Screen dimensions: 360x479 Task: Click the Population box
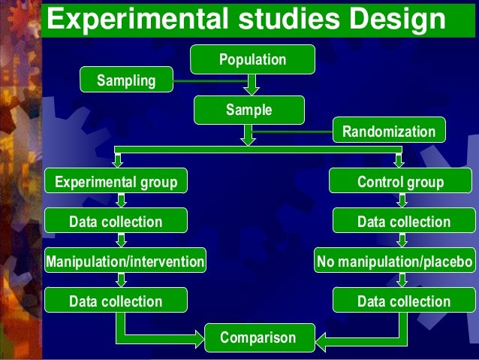252,59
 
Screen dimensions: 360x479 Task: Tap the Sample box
249,110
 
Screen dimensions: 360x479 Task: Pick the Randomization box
388,132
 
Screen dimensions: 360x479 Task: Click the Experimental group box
116,183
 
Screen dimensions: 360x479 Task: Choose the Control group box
400,183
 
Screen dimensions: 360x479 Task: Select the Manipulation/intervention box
125,262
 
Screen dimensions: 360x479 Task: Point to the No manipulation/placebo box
395,262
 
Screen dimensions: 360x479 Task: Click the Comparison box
258,338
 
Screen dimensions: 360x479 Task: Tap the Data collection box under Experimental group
116,222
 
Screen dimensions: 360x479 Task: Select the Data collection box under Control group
404,222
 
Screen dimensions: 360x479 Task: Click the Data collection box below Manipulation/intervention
116,301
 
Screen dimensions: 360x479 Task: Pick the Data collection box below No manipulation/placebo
404,301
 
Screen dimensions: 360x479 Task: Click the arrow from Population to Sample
252,83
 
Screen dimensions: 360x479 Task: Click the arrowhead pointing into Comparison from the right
321,343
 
